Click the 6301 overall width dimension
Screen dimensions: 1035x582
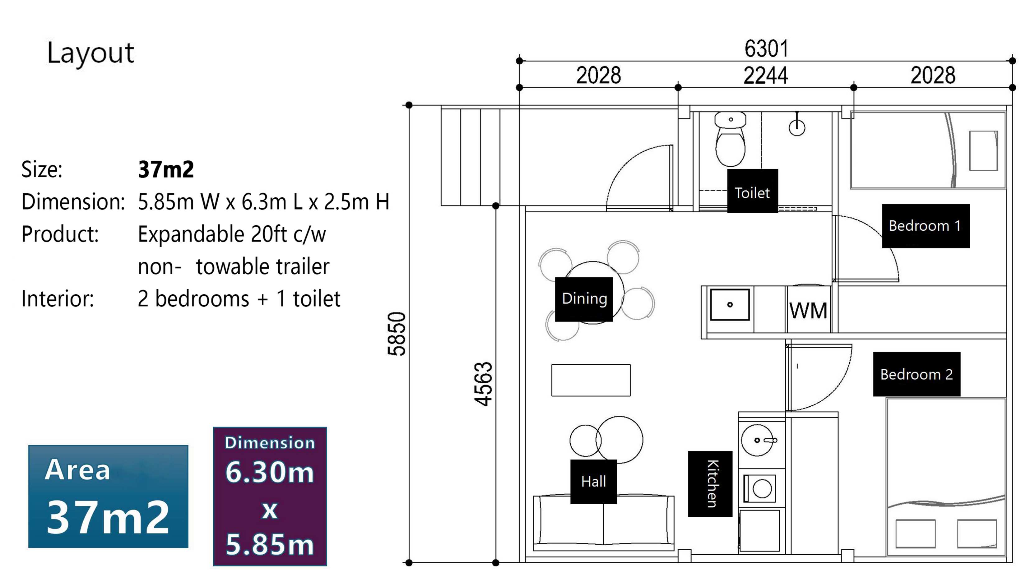(x=766, y=49)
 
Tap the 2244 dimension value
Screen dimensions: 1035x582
(x=765, y=76)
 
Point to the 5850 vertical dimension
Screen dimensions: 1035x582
(x=397, y=334)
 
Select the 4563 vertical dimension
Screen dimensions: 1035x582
(x=483, y=384)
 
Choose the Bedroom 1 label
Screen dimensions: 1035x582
(x=925, y=226)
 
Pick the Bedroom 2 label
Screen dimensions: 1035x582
(x=917, y=374)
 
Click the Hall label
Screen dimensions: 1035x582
(x=593, y=482)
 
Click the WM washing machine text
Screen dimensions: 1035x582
(x=808, y=311)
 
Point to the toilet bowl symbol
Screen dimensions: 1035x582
(x=731, y=139)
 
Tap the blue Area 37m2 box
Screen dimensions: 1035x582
(x=109, y=497)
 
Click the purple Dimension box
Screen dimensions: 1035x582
(x=270, y=497)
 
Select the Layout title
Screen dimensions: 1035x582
(x=91, y=53)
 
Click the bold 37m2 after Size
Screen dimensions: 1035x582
(x=166, y=169)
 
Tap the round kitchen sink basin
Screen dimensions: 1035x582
(x=757, y=441)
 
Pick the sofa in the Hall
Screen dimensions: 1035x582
(x=603, y=523)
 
